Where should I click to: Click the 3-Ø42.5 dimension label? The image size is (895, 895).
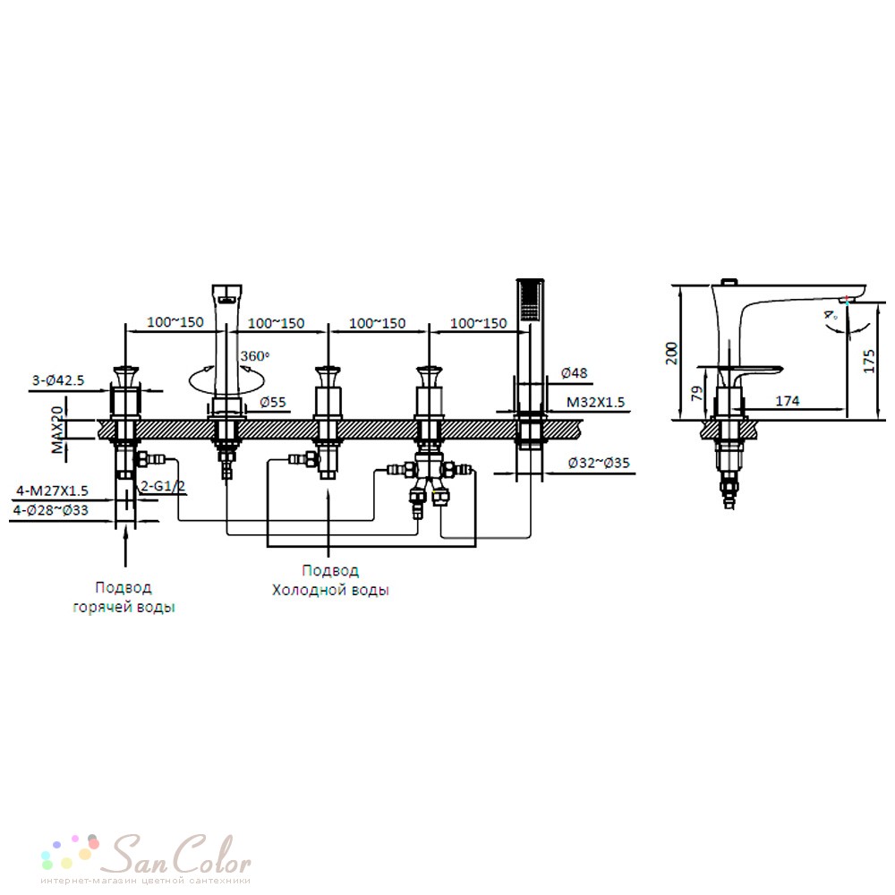[x=58, y=380]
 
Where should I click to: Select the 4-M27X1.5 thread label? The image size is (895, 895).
[x=52, y=490]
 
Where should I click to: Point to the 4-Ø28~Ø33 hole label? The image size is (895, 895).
[x=51, y=510]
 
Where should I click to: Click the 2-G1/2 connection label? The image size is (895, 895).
[x=163, y=486]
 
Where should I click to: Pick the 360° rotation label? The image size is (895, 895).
[x=254, y=356]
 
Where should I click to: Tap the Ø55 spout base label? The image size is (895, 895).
[x=273, y=402]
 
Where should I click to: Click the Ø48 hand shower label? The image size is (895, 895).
[x=575, y=372]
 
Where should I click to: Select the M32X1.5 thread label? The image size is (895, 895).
[x=595, y=403]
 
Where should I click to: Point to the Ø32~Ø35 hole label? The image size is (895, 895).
[x=599, y=463]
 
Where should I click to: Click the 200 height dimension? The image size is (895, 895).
[x=672, y=353]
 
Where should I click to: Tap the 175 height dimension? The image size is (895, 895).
[x=868, y=362]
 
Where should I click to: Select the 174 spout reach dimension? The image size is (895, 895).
[x=787, y=401]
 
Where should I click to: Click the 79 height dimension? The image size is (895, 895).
[x=697, y=393]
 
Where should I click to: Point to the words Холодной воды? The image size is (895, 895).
[x=330, y=590]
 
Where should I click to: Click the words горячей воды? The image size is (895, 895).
[x=124, y=607]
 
